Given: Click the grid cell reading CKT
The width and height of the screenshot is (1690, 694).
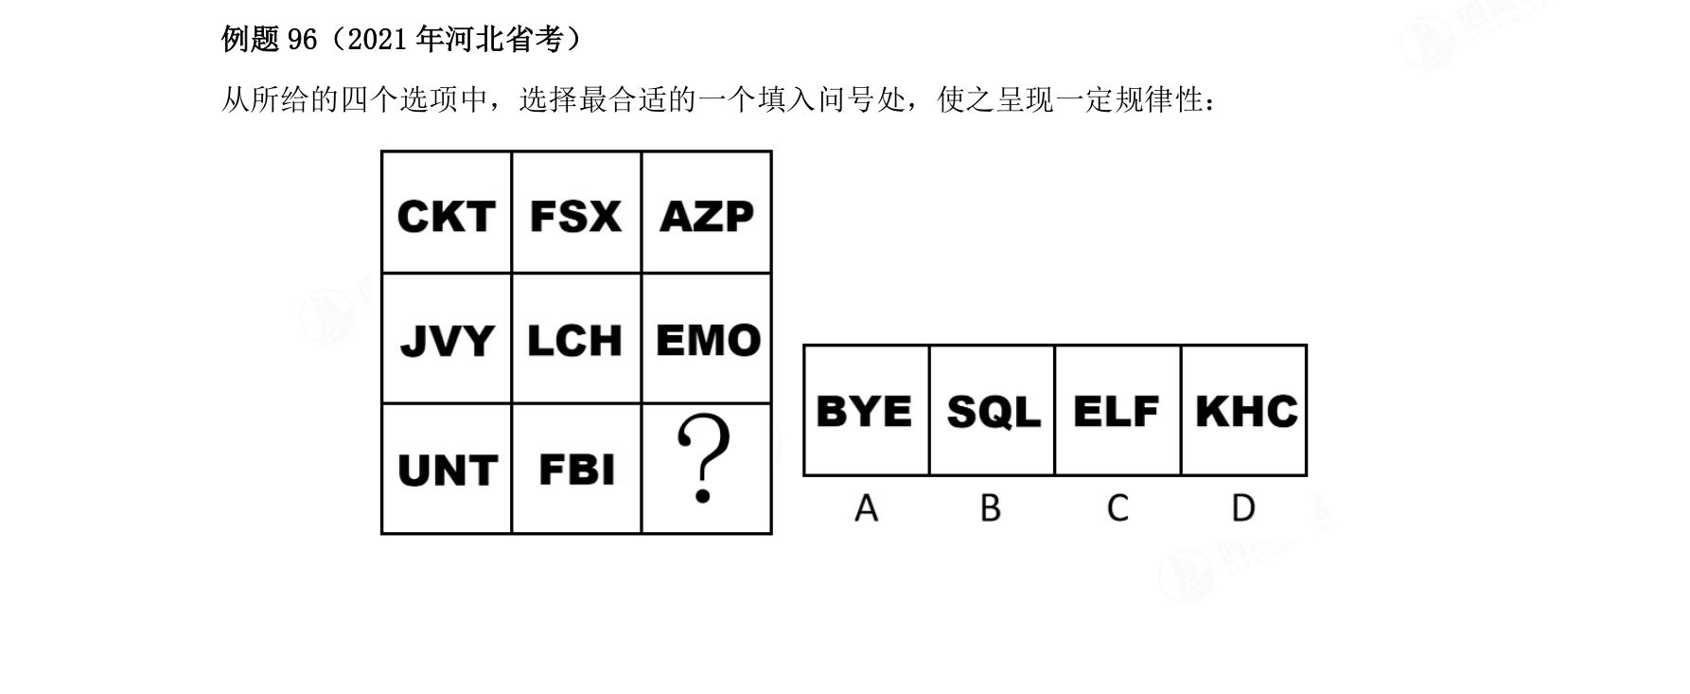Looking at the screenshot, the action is pos(447,213).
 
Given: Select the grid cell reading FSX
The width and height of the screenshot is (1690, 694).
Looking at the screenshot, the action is pos(576,213).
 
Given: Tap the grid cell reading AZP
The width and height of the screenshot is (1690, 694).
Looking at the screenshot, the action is pos(707,213).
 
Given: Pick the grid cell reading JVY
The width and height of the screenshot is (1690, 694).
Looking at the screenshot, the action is pos(447,339).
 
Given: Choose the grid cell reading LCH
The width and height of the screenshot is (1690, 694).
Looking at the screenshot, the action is pos(576,339).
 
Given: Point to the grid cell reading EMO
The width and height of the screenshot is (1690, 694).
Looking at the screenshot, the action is pos(707,339).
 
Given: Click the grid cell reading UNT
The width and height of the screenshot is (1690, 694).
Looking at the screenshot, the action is pos(447,469).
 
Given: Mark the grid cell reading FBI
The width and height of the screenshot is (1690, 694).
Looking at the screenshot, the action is pos(576,469).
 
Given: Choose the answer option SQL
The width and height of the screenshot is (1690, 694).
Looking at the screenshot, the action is pos(993,410).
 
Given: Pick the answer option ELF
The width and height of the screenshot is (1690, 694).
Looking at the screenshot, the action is pos(1118,410).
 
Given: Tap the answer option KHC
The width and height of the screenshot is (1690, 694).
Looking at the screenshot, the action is pos(1243,410).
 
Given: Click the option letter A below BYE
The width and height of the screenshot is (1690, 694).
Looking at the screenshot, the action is pos(866,508).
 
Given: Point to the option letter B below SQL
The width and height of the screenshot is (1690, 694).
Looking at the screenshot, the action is pos(991,508).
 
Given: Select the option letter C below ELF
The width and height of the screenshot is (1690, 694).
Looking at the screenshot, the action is pos(1118,508).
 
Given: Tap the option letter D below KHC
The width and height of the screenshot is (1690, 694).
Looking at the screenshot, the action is pos(1243,508).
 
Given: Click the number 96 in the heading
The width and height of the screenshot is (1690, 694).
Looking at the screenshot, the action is pos(302,39).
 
